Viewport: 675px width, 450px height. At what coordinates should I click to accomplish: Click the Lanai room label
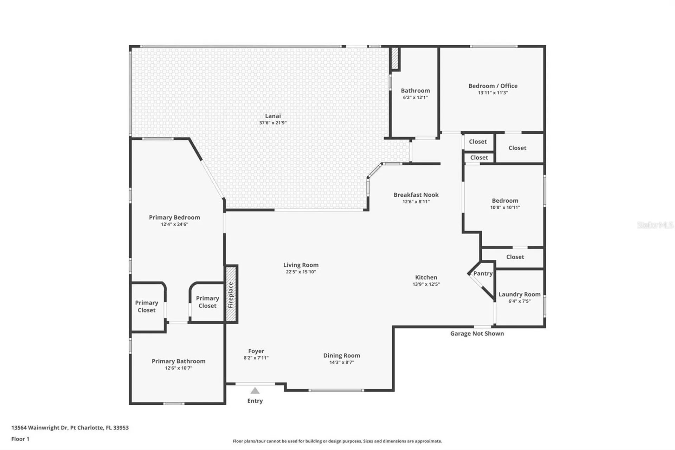(273, 116)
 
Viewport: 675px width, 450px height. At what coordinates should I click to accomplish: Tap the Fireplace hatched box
(231, 294)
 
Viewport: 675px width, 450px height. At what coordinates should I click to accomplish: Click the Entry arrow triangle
(255, 391)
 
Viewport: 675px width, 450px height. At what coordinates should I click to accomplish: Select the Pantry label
(483, 273)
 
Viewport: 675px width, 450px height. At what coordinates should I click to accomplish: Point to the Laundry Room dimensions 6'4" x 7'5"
(519, 301)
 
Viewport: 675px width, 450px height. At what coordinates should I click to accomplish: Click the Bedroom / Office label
(493, 86)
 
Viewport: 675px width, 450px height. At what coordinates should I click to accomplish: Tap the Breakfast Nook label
(416, 195)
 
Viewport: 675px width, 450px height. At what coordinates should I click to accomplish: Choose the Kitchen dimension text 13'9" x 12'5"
(426, 284)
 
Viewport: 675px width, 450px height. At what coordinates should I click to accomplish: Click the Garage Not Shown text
(477, 334)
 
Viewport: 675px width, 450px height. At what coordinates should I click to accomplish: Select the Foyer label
(256, 351)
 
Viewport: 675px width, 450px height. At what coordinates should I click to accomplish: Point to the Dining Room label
(341, 355)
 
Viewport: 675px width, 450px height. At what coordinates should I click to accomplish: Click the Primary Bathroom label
(178, 361)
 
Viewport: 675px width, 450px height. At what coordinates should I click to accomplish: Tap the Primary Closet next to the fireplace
(207, 302)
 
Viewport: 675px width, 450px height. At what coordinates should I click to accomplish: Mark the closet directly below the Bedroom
(515, 257)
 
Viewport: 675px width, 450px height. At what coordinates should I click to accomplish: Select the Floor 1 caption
(20, 439)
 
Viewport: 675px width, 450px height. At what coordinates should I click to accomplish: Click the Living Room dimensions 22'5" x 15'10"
(301, 272)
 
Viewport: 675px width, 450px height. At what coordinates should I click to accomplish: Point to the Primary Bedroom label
(174, 217)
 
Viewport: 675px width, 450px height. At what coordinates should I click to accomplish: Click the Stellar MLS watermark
(655, 225)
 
